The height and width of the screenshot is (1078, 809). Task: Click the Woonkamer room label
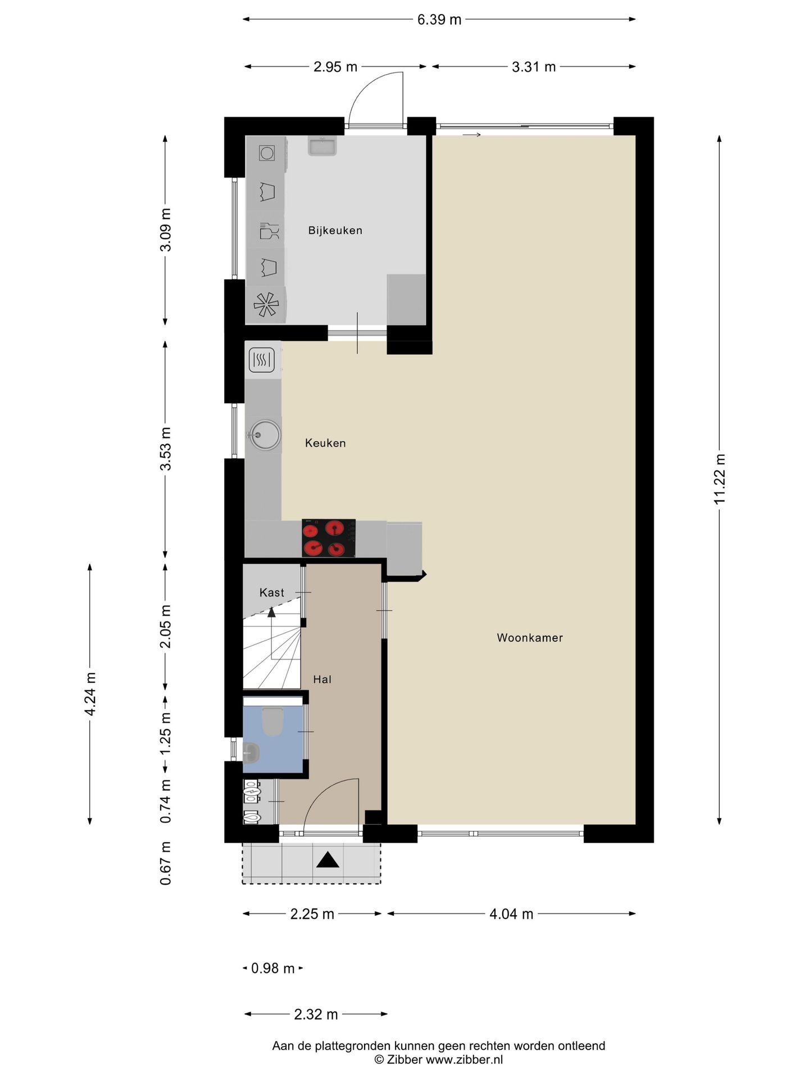click(530, 638)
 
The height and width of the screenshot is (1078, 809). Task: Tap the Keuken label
click(325, 443)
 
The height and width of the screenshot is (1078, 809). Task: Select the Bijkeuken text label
click(335, 230)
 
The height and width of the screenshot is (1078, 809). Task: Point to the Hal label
click(322, 679)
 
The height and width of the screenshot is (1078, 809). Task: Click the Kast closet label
click(272, 592)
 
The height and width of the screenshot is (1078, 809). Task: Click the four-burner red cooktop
click(329, 538)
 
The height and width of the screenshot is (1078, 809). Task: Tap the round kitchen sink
click(266, 435)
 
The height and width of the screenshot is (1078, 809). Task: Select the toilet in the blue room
click(273, 721)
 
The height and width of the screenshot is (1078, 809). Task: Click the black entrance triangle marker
click(328, 860)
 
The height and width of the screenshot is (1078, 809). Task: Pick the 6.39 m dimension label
click(439, 20)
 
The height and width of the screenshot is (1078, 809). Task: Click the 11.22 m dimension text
click(720, 479)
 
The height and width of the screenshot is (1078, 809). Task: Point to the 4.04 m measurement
click(511, 914)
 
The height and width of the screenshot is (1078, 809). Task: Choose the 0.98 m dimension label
click(273, 969)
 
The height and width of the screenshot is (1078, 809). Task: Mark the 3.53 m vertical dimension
click(165, 449)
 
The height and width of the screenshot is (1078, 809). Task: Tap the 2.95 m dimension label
click(335, 67)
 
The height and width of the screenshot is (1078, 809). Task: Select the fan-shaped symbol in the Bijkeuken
click(266, 305)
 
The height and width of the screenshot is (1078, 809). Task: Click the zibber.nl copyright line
click(439, 1059)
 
